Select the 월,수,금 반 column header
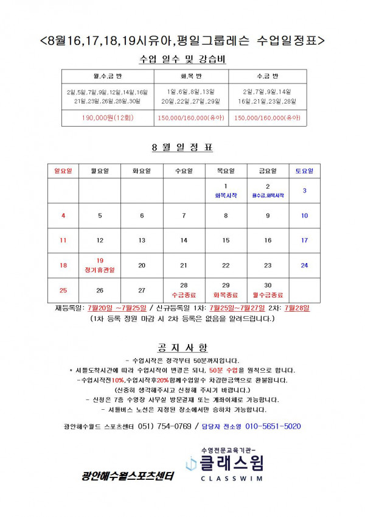111,76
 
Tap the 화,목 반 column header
191,76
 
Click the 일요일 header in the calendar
63,171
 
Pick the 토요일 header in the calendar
304,171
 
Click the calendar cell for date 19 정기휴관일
100,264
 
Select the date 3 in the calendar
304,191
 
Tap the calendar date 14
184,240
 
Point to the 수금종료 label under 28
184,294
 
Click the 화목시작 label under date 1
226,195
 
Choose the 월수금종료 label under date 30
268,294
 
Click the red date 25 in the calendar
63,290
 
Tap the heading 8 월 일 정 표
182,147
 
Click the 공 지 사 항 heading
182,348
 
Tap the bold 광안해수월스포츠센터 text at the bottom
128,476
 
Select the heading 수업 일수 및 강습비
182,59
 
